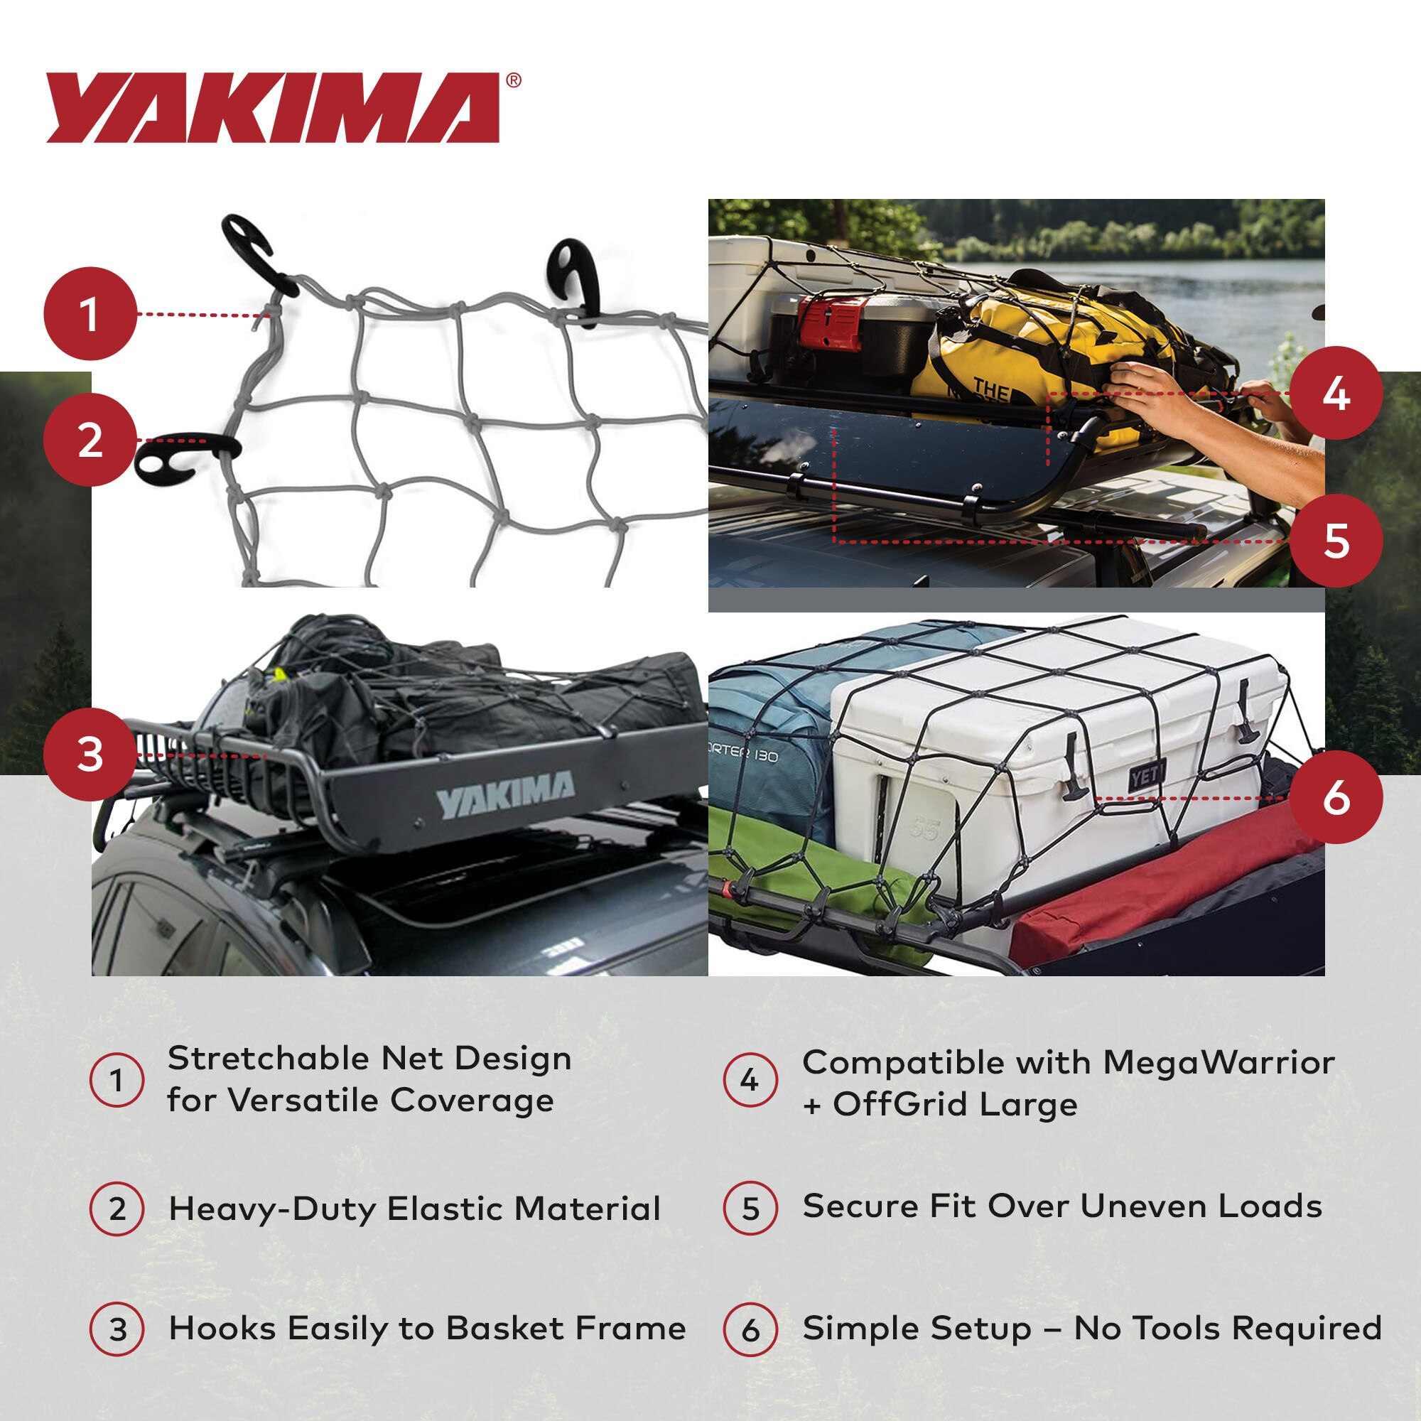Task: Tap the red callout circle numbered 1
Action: (90, 313)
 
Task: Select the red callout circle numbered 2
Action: (90, 440)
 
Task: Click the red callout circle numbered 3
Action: (90, 755)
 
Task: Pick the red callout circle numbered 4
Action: (1336, 394)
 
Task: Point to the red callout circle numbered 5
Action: (1336, 541)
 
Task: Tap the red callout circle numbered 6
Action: (1336, 797)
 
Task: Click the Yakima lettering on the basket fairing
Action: (506, 794)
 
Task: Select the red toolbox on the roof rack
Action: (831, 321)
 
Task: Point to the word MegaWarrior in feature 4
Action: (1218, 1064)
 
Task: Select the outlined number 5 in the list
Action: (750, 1209)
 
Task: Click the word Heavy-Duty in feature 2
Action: (272, 1210)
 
